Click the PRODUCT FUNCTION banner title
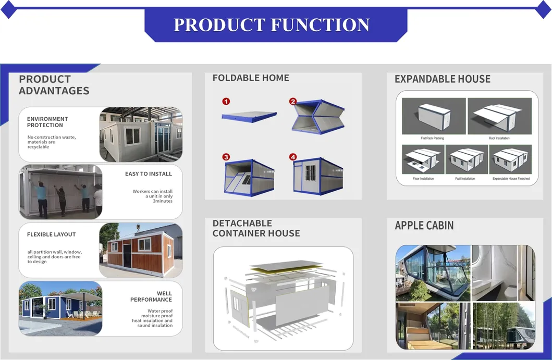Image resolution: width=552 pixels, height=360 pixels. click(272, 24)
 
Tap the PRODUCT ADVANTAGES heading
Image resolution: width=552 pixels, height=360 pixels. click(54, 85)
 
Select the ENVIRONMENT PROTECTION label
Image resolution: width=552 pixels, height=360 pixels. click(47, 122)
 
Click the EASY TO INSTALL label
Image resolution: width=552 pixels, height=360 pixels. click(149, 173)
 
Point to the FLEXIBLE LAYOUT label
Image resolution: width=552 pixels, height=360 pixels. click(51, 234)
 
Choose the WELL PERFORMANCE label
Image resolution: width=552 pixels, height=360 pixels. click(151, 296)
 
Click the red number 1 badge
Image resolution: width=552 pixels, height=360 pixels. click(226, 102)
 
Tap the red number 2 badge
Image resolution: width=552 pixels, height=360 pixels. click(293, 102)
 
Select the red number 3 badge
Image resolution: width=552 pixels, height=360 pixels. click(226, 157)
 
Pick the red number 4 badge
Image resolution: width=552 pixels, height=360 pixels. click(293, 157)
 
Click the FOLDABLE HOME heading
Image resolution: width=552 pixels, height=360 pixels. click(251, 78)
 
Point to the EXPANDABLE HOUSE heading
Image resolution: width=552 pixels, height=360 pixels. click(443, 79)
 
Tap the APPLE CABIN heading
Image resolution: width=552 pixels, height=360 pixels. click(424, 226)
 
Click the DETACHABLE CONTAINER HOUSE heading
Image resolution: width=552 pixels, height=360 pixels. click(256, 228)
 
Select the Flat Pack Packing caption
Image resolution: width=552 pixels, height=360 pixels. click(432, 138)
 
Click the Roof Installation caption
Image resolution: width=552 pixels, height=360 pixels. click(499, 138)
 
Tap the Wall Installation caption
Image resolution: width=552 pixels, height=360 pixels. click(465, 179)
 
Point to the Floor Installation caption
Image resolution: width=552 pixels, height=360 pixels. click(423, 179)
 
